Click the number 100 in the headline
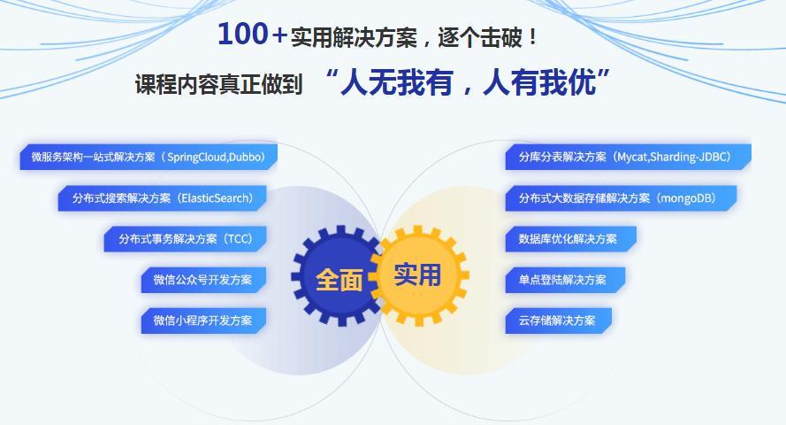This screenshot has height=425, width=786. coord(242,35)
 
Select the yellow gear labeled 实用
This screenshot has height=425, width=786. coord(417,274)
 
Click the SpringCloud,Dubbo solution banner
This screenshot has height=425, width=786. coord(148,158)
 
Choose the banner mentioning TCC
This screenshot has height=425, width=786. coord(185,239)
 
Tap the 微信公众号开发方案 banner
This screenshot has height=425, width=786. coord(202,280)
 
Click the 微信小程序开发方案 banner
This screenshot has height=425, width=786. coord(202,320)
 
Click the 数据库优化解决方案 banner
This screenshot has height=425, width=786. coord(570,239)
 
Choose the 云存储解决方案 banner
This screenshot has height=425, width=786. coord(558,320)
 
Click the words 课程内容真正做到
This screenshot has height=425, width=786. coord(217,85)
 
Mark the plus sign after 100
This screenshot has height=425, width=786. coord(279,35)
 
